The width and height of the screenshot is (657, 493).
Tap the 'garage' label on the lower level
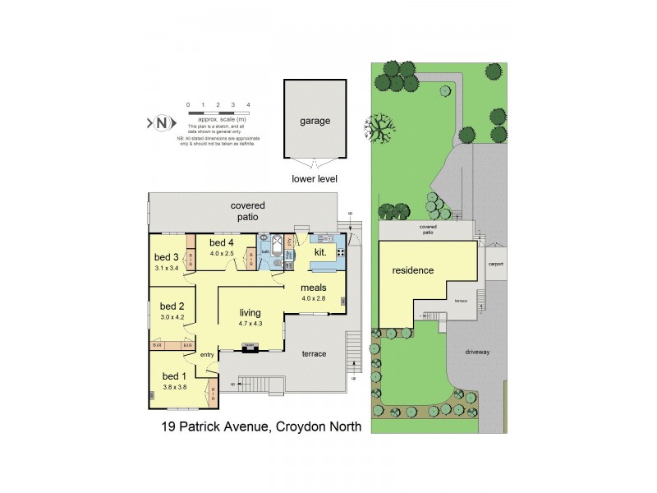click(x=315, y=121)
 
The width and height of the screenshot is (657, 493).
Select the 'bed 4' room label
click(x=222, y=243)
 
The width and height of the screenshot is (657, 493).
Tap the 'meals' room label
click(x=314, y=288)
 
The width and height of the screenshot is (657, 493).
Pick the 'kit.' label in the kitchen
click(x=319, y=253)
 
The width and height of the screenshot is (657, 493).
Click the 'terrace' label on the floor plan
click(x=314, y=354)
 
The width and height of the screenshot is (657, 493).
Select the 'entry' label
click(x=206, y=354)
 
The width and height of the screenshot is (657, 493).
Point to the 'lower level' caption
click(x=315, y=178)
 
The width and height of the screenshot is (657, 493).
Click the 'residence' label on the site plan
click(x=412, y=270)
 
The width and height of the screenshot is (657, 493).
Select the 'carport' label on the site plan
click(x=494, y=265)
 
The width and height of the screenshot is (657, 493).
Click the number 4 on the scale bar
click(x=248, y=104)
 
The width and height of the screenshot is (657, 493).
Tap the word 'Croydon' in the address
click(x=301, y=426)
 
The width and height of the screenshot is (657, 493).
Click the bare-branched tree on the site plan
click(x=379, y=127)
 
